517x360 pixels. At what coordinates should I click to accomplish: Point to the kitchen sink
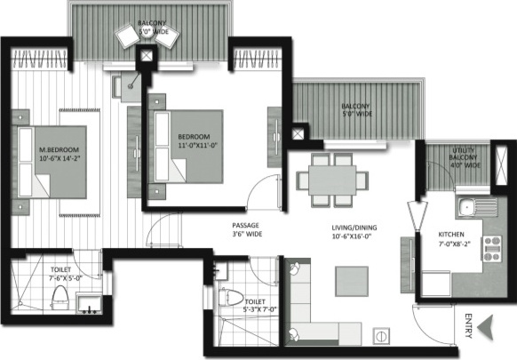click(x=467, y=210)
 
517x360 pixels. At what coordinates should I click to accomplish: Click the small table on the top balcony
click(x=147, y=36)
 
